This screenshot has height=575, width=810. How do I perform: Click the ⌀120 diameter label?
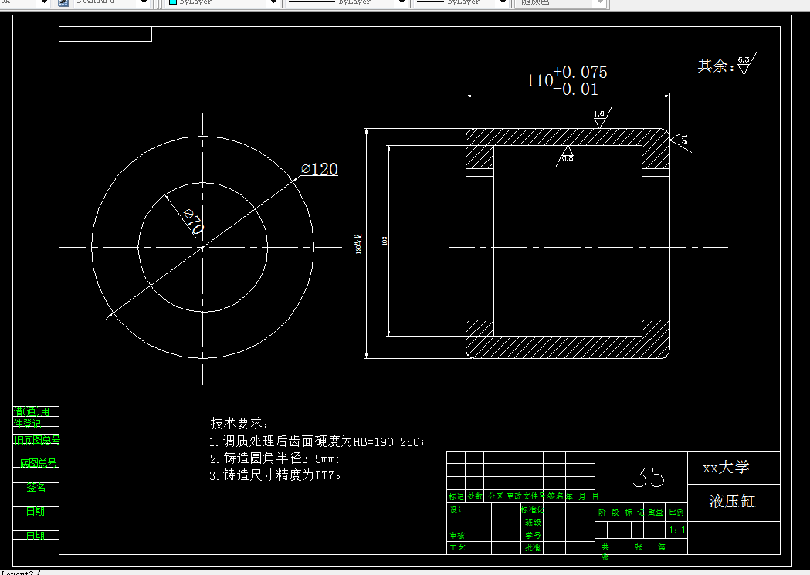(x=320, y=169)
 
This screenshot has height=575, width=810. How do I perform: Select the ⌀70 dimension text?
(x=193, y=222)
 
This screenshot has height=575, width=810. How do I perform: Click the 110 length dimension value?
(x=540, y=80)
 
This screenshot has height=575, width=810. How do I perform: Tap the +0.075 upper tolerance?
(x=581, y=72)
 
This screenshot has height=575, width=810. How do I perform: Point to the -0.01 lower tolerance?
(x=576, y=89)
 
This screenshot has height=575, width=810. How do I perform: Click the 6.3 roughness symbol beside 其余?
(x=744, y=64)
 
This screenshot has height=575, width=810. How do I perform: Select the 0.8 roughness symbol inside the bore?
(x=568, y=154)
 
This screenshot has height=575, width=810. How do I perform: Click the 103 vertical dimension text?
(x=385, y=241)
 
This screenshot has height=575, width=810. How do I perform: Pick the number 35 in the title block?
(x=648, y=477)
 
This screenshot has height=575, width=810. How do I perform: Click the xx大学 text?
(x=726, y=468)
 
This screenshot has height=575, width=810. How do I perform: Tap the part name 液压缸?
(x=732, y=502)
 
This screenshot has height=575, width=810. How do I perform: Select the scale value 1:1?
(x=678, y=530)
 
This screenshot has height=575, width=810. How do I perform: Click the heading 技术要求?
(x=240, y=424)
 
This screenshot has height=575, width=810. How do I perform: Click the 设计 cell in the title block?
(x=457, y=510)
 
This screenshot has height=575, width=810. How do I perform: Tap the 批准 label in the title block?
(x=532, y=547)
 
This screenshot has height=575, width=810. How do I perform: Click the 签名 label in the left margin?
(x=36, y=488)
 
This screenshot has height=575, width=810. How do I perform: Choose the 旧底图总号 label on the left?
(x=36, y=440)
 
